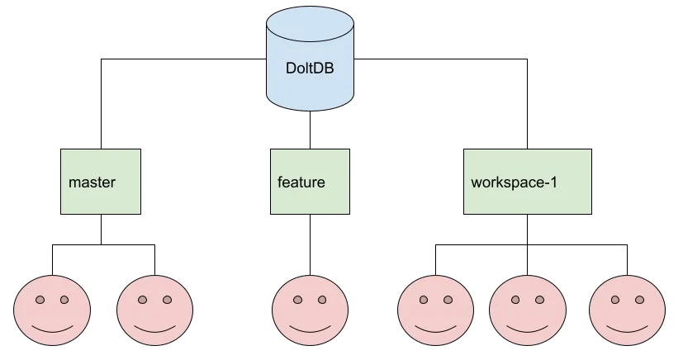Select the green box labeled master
click(102, 182)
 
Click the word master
click(92, 182)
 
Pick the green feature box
click(310, 182)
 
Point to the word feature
click(301, 182)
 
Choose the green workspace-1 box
click(527, 182)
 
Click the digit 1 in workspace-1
click(553, 182)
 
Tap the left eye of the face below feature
click(298, 300)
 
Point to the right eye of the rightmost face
click(640, 300)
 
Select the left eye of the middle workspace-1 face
click(515, 300)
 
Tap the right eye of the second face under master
click(167, 300)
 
